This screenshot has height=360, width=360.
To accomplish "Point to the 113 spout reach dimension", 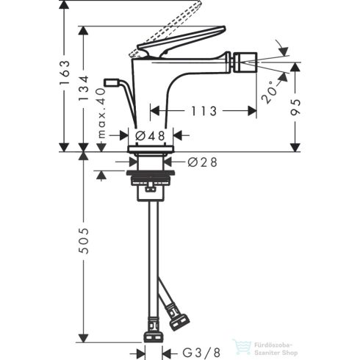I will [202, 111].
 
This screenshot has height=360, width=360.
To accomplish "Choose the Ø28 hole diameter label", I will [201, 162].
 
